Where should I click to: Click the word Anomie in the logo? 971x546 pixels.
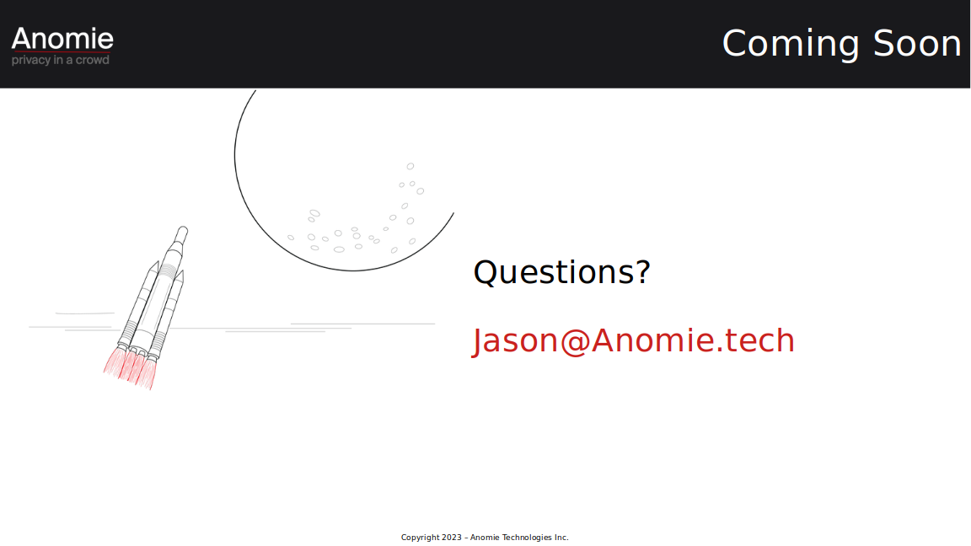[62, 39]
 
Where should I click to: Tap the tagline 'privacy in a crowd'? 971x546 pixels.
[60, 60]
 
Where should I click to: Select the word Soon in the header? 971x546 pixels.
[916, 43]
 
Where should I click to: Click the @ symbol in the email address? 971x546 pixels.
[575, 342]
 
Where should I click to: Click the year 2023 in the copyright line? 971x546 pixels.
[452, 538]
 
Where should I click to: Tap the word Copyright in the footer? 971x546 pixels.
[420, 538]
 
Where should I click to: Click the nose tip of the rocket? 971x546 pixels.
[183, 227]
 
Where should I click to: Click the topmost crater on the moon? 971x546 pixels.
[410, 167]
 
